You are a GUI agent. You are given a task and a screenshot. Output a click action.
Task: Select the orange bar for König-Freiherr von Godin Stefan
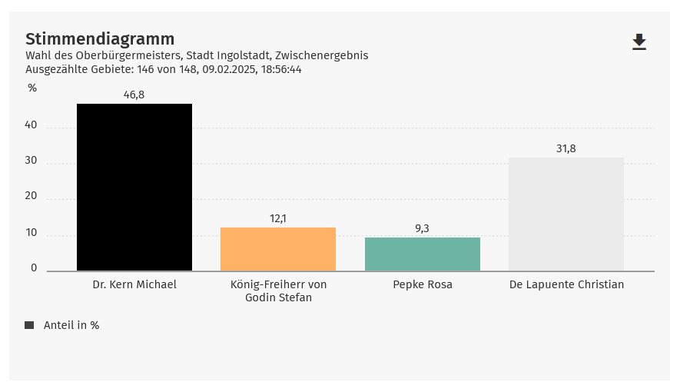(278, 249)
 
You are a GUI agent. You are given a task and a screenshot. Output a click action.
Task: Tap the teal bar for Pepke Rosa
(423, 254)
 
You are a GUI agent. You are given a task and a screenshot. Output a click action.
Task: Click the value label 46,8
(134, 95)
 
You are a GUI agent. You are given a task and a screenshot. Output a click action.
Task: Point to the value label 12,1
(278, 219)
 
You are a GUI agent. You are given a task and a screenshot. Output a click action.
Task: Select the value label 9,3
(423, 229)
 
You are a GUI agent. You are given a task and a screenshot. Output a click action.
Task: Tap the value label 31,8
(566, 149)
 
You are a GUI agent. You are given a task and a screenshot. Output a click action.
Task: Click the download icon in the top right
(639, 42)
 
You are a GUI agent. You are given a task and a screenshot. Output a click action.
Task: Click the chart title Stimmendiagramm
(100, 39)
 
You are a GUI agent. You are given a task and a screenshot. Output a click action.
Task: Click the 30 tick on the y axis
(31, 161)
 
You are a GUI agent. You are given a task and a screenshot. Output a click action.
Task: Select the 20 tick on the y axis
(31, 196)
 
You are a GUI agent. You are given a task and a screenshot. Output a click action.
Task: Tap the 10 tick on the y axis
(31, 233)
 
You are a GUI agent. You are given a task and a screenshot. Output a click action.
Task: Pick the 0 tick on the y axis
(34, 268)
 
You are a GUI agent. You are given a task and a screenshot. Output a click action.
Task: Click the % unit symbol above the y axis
(32, 88)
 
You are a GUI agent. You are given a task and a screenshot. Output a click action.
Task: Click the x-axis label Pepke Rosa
(423, 284)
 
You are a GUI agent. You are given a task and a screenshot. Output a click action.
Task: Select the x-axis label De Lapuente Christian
(566, 284)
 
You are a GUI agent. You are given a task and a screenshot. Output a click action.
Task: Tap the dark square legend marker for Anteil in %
(29, 325)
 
